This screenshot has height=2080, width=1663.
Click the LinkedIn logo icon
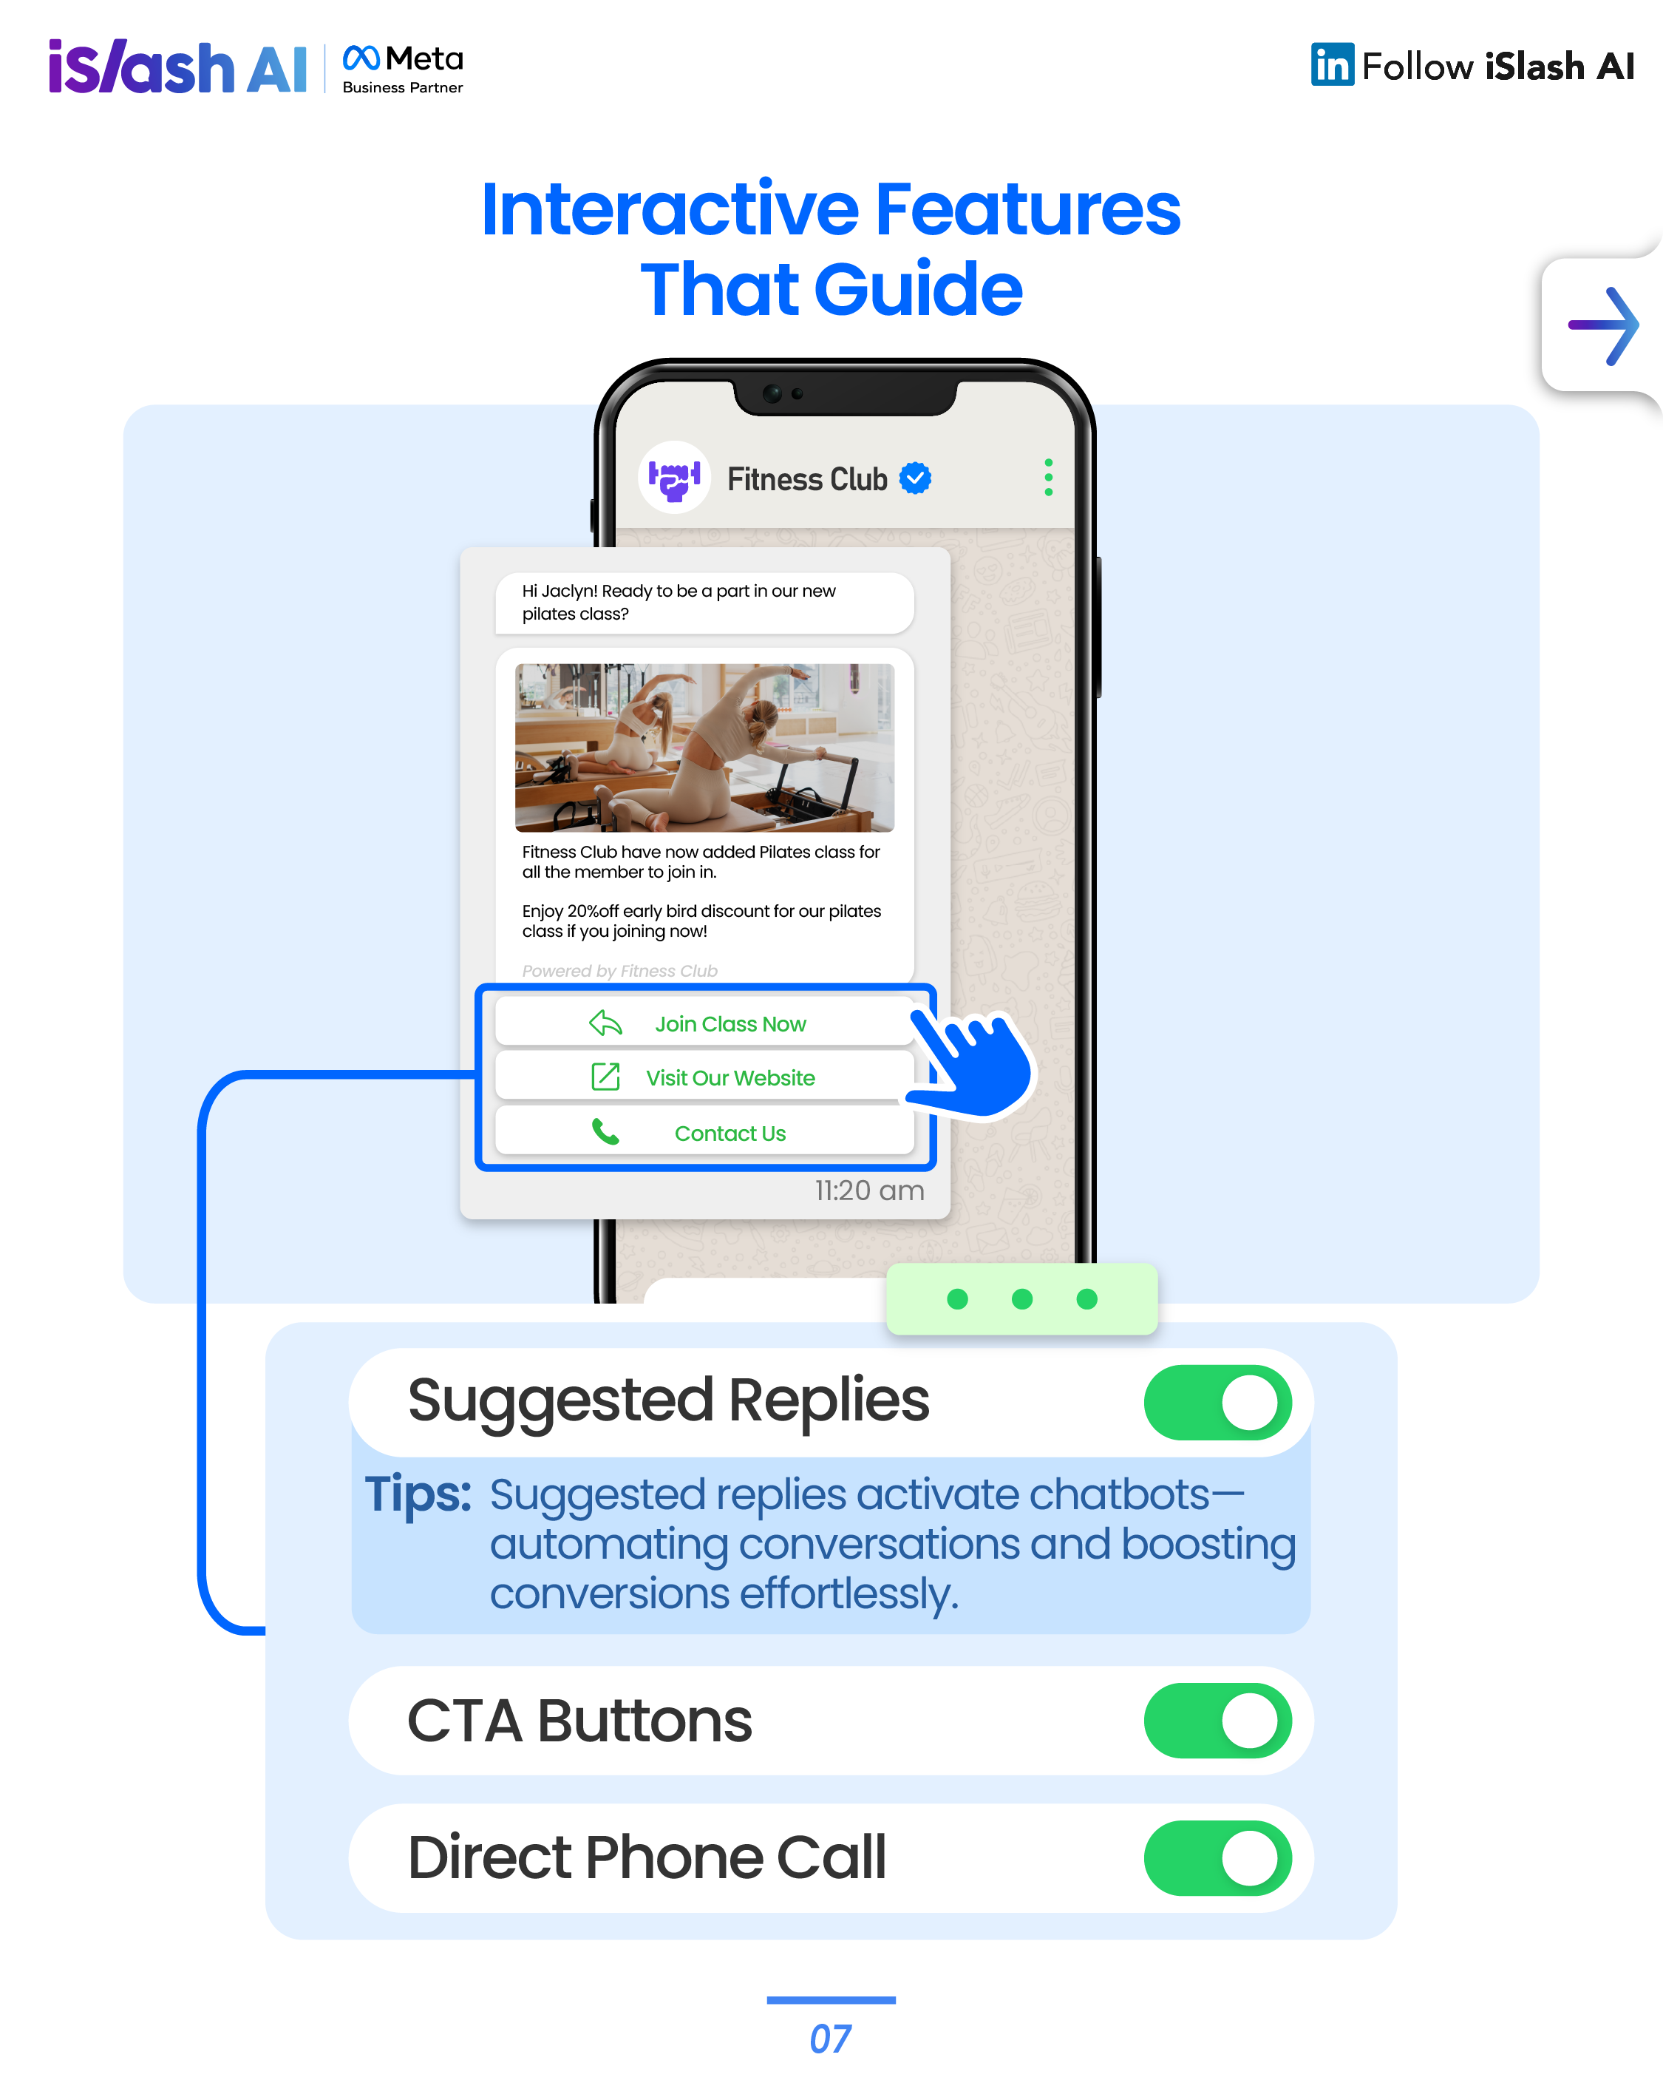point(1332,64)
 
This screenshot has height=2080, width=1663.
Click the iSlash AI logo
point(177,67)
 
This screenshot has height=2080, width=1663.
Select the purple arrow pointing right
point(1603,326)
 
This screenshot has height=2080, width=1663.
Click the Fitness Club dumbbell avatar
point(674,478)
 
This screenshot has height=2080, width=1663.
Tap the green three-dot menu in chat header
point(1049,478)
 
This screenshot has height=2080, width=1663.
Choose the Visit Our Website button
point(704,1077)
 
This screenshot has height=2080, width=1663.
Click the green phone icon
point(605,1131)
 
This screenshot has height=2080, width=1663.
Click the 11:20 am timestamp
point(869,1190)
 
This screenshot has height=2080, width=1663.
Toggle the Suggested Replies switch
point(1217,1402)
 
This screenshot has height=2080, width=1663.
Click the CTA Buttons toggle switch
point(1217,1721)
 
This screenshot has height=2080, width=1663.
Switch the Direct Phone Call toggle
point(1217,1858)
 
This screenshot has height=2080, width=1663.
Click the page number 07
point(831,2039)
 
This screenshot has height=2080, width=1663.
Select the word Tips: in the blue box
point(418,1494)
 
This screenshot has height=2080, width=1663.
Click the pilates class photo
point(704,748)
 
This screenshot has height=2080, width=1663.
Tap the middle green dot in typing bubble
point(1022,1298)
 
